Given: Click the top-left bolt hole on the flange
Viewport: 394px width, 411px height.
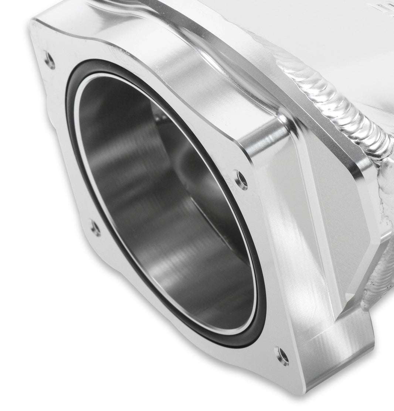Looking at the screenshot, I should tap(49, 59).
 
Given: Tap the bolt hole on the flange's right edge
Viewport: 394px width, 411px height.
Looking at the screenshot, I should tap(241, 179).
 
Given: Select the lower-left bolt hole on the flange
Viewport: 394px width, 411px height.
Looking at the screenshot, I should tap(95, 228).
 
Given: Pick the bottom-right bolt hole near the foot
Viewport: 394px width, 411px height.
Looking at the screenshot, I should tap(282, 356).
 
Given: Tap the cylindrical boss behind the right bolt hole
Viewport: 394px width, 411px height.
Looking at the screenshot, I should tap(266, 144).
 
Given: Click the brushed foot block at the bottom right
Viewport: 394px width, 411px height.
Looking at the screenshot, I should tap(333, 355).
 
